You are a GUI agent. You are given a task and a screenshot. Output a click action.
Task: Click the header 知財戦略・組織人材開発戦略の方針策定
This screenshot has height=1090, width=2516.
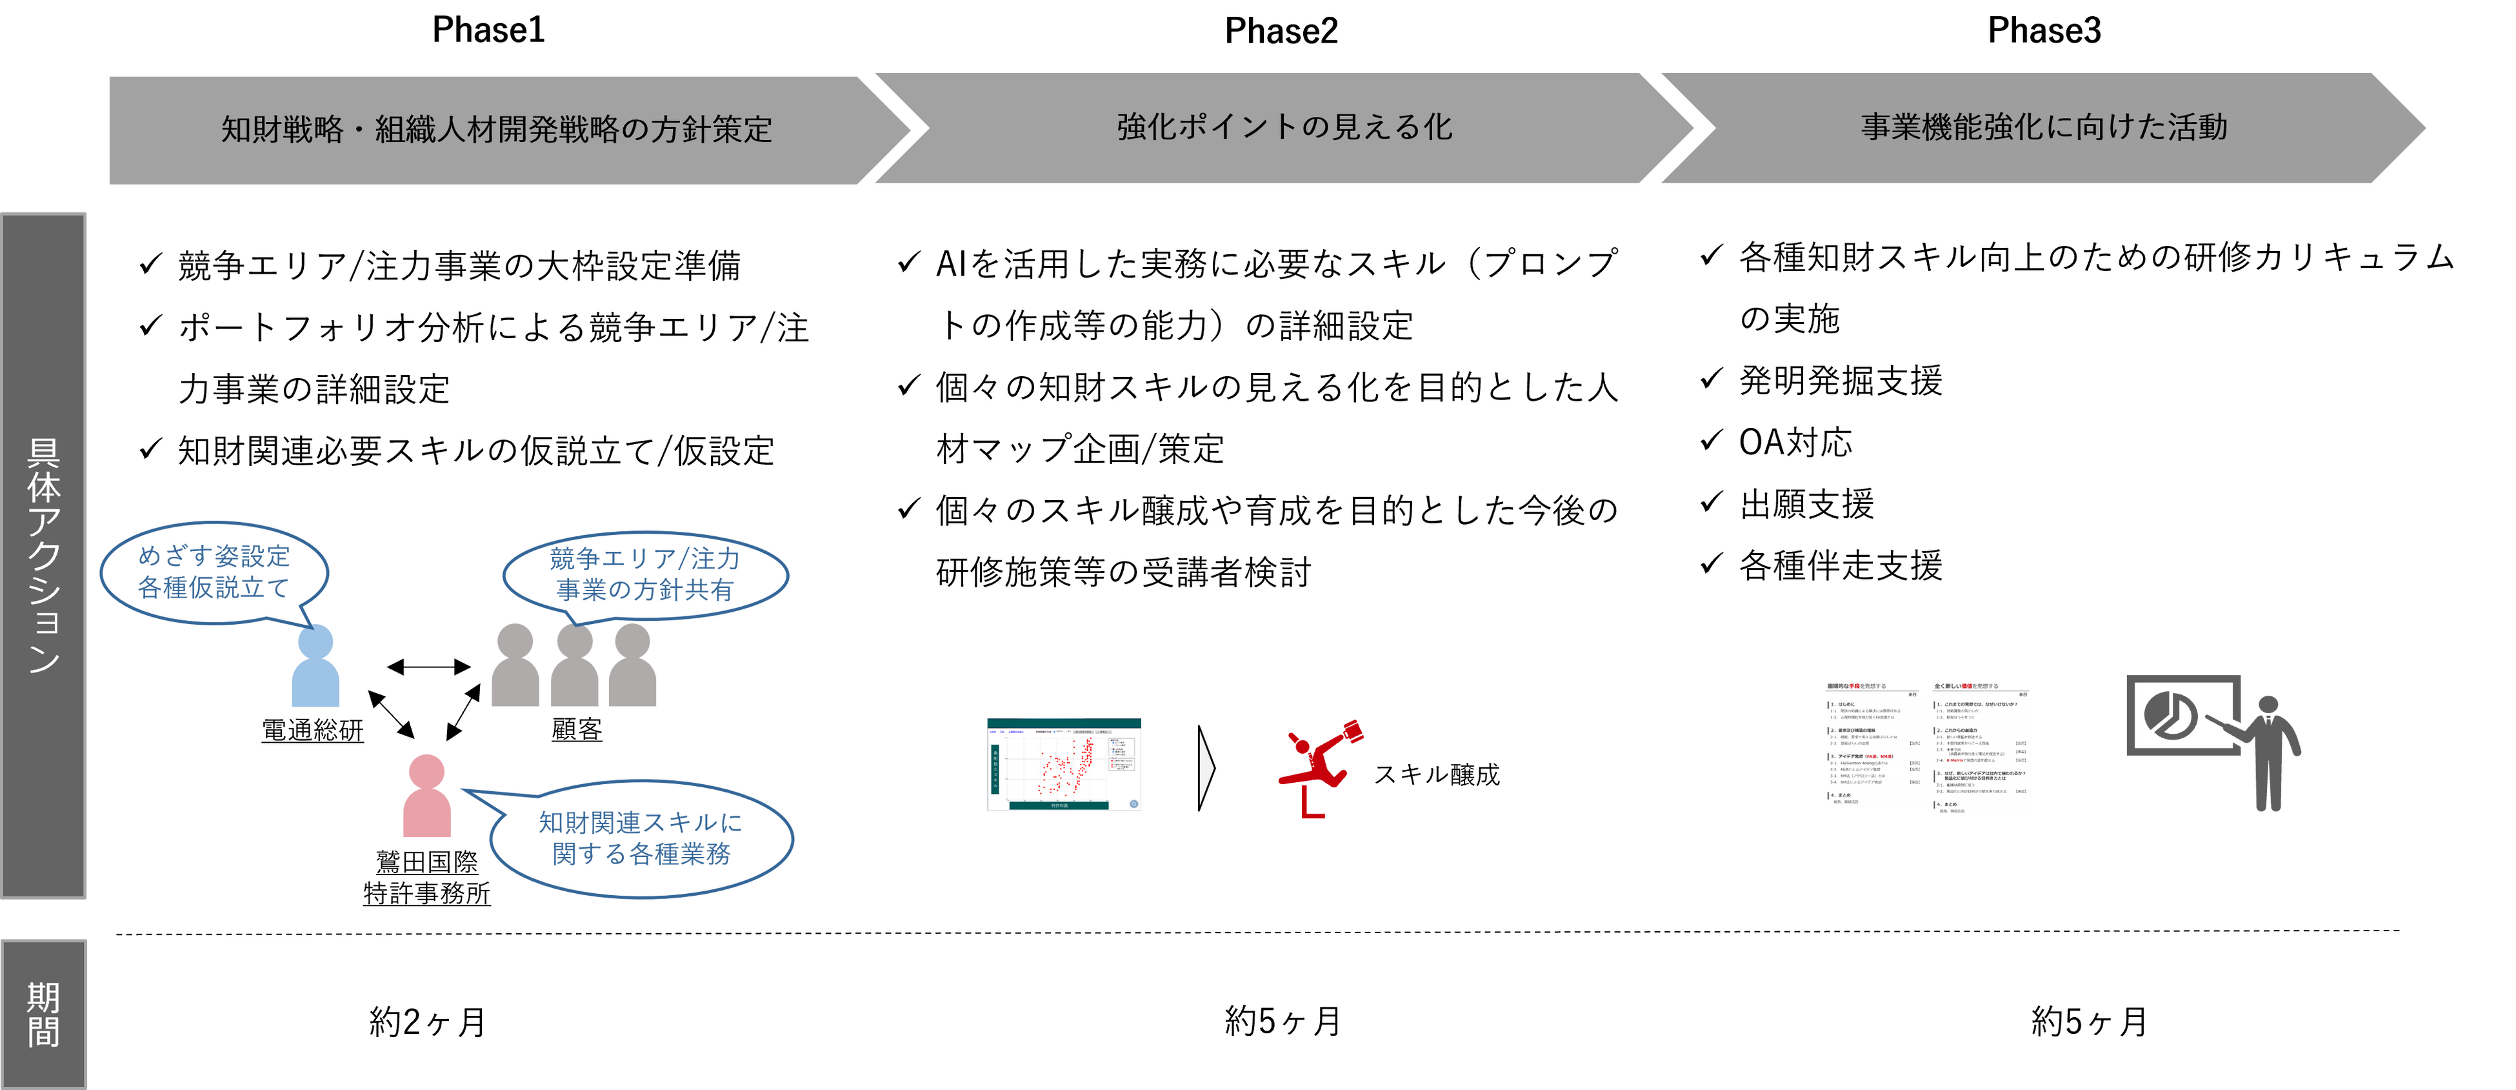pos(496,129)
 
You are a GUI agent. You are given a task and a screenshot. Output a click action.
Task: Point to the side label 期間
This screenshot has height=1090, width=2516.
pos(44,1014)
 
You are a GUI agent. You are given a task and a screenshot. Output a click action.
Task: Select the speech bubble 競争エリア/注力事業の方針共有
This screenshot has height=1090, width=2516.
pos(644,574)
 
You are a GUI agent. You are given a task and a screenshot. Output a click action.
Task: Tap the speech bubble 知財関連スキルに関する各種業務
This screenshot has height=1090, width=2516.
pos(641,838)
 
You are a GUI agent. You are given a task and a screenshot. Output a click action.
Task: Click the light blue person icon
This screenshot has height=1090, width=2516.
pos(315,667)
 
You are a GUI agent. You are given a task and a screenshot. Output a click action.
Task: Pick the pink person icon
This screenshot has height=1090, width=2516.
pos(427,796)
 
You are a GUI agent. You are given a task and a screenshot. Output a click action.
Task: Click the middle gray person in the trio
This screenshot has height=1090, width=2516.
pos(574,666)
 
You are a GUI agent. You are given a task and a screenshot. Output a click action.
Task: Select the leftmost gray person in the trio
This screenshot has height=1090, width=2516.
pos(515,666)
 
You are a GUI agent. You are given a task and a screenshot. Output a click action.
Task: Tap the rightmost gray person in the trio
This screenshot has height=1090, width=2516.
pos(633,666)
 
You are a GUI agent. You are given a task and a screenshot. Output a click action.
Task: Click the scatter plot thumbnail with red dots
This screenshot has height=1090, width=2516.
pos(1064,764)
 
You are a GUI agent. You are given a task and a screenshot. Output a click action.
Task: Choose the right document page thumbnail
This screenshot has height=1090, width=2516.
pos(1982,749)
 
